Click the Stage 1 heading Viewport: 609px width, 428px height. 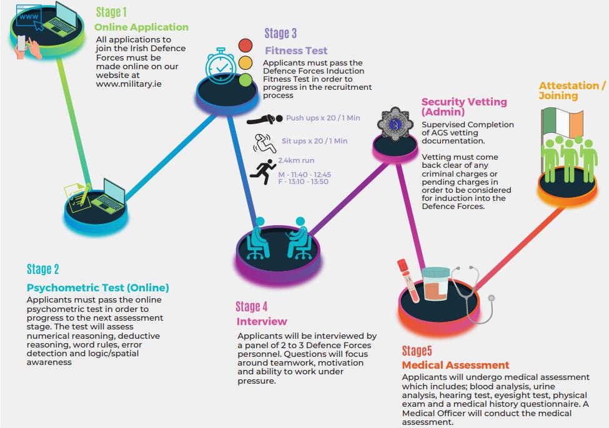(111, 12)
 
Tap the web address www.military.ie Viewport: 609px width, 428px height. (128, 84)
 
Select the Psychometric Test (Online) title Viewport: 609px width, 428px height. (97, 288)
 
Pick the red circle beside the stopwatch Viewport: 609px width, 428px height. (245, 46)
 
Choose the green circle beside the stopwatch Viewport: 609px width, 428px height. (245, 80)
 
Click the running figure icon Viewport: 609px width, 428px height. (262, 170)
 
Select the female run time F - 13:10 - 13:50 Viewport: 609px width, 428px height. (303, 182)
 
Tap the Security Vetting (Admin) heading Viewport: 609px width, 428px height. (463, 107)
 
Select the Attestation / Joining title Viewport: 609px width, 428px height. (572, 90)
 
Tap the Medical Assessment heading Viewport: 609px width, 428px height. (455, 365)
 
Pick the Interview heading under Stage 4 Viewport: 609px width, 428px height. (262, 321)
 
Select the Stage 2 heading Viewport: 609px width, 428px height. (42, 269)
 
